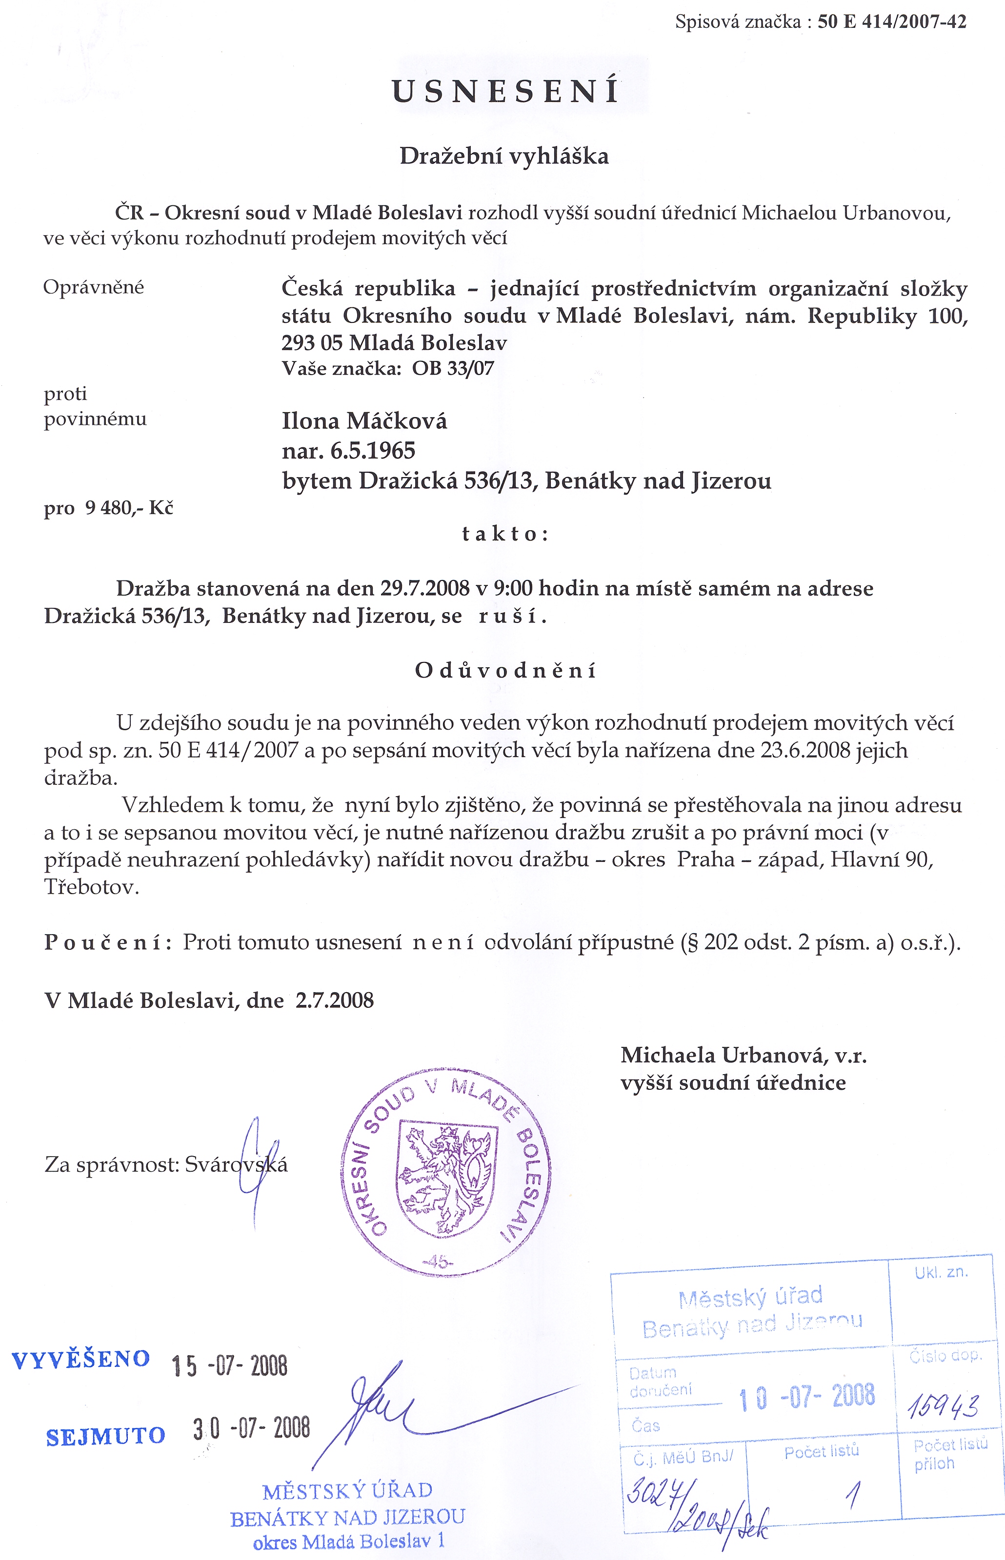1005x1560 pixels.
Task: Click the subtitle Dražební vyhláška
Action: [504, 156]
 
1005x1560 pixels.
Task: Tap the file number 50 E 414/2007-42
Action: [891, 22]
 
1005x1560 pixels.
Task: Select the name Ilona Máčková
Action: [364, 421]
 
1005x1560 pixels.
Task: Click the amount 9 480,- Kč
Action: [129, 508]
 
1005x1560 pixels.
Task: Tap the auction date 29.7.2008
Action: [425, 588]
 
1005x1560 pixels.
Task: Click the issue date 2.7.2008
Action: [334, 1000]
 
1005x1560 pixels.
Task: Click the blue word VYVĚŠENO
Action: [81, 1360]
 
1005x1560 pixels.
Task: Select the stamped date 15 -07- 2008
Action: [229, 1365]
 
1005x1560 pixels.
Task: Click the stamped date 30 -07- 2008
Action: [251, 1429]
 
